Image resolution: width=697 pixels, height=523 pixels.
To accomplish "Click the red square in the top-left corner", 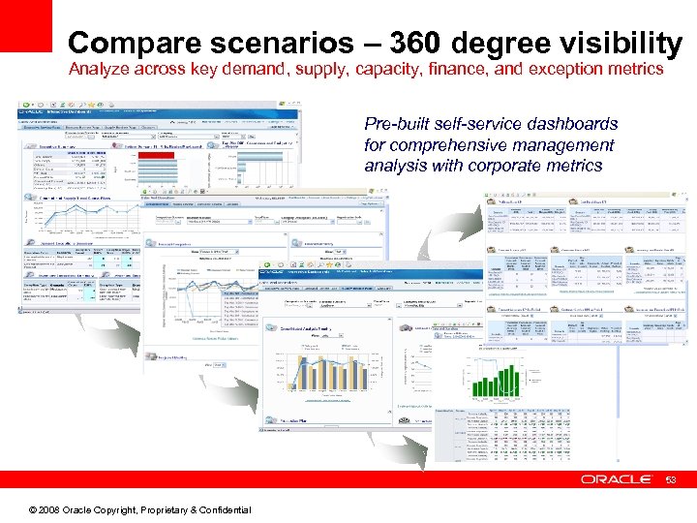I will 25,25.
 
